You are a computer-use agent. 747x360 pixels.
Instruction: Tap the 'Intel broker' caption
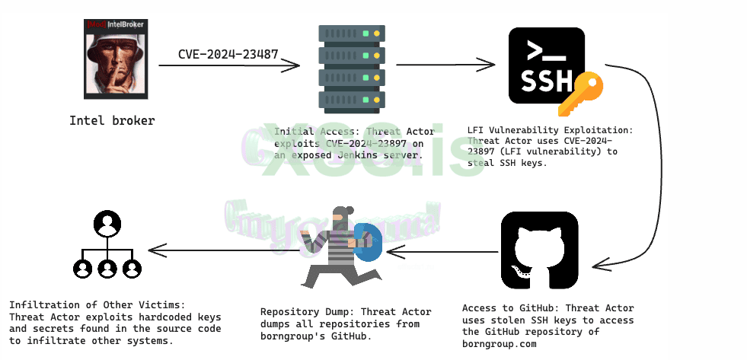pos(111,120)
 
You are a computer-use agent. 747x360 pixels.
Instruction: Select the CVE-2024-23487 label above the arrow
pos(228,54)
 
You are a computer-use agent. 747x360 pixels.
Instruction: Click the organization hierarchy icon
pos(107,246)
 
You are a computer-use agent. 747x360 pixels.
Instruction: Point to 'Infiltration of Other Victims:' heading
pos(97,305)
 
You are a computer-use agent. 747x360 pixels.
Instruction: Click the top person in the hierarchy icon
pos(107,223)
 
